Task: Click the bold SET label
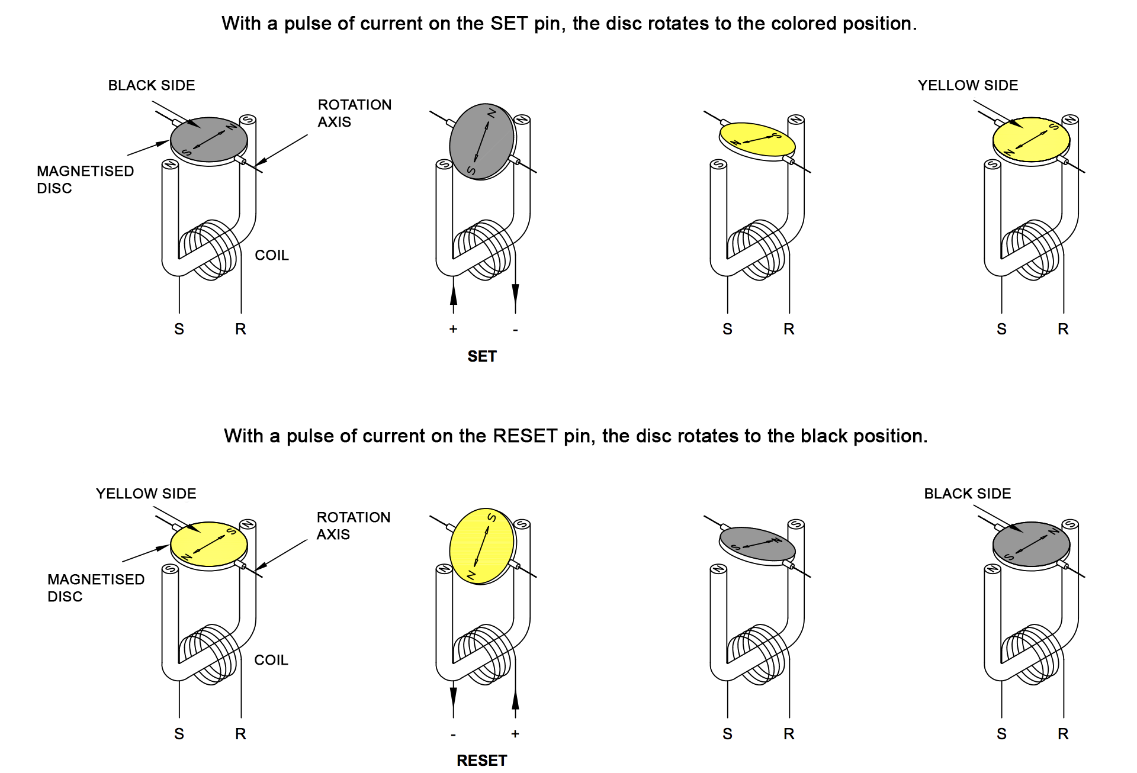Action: click(481, 356)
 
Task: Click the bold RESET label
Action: click(481, 761)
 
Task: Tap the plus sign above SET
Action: click(453, 329)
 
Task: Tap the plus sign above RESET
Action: click(515, 734)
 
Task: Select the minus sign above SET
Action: click(515, 330)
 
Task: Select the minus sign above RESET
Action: click(453, 735)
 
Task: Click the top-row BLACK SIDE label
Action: click(151, 85)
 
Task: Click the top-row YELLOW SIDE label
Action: click(968, 85)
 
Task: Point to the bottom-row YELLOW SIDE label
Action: click(146, 494)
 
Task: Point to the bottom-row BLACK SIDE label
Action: click(967, 494)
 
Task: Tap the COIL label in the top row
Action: click(271, 255)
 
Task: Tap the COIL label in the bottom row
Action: click(271, 660)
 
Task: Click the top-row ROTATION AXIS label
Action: click(354, 113)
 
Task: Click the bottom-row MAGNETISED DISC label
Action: click(95, 588)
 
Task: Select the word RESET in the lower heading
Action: click(525, 436)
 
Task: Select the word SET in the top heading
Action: click(509, 24)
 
